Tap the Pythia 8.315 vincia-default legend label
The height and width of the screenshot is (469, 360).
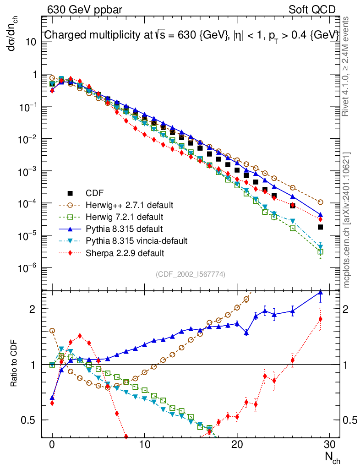coord(134,240)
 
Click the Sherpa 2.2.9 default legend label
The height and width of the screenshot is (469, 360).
coord(121,252)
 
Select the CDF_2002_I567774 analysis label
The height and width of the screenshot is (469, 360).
coord(191,274)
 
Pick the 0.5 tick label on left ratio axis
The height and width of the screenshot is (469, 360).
coord(29,420)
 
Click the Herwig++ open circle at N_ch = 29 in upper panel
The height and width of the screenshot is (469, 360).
coord(320,202)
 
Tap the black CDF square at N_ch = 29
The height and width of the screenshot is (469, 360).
coord(320,227)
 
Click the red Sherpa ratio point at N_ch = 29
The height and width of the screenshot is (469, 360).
coord(320,319)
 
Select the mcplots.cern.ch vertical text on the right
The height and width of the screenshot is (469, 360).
coord(347,220)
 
